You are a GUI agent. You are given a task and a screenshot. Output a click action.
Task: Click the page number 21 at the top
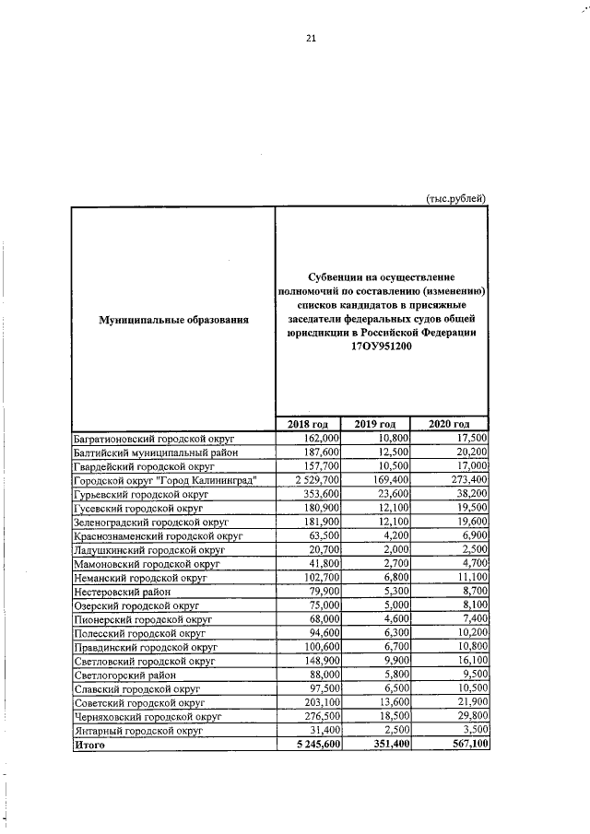pos(311,38)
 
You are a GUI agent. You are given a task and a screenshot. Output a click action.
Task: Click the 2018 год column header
pos(309,423)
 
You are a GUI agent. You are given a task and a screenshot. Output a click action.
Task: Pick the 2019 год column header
pos(376,423)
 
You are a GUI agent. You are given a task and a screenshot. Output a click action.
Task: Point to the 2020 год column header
pos(450,423)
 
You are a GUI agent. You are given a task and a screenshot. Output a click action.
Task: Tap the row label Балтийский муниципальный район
pos(156,452)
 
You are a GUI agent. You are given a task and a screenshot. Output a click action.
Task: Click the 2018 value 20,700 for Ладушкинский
pos(323,549)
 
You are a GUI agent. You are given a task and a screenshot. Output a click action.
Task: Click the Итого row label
pos(89,745)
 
